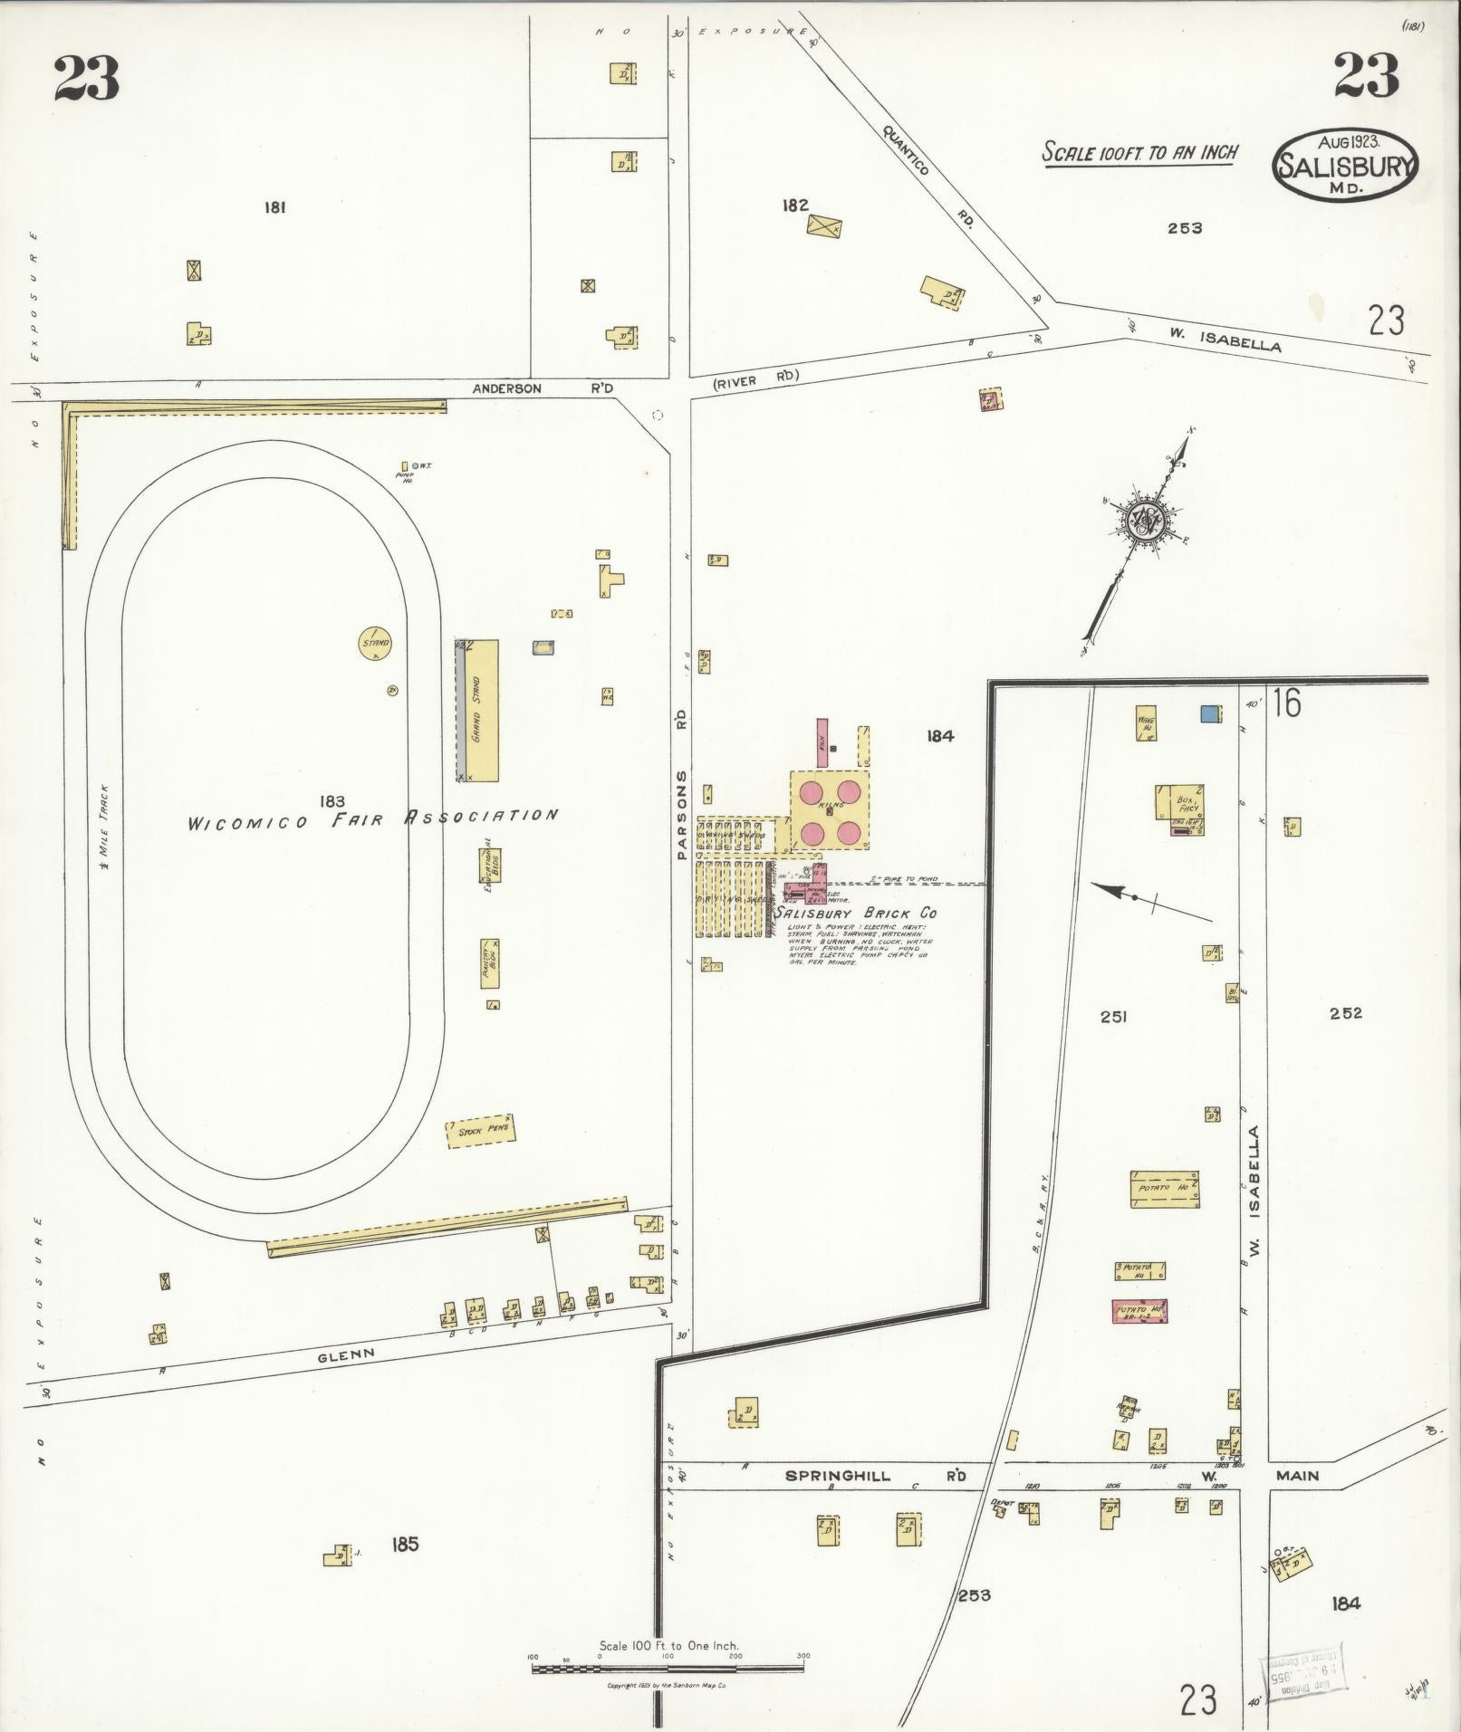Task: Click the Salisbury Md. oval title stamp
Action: [1345, 164]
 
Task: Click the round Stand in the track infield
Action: [375, 644]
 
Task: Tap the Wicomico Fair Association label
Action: [371, 819]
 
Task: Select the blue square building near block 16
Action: [1208, 713]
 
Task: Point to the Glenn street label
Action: [346, 1354]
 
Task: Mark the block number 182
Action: [794, 206]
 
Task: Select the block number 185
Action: [405, 1544]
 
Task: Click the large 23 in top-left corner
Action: [87, 80]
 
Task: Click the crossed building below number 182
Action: [824, 225]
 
